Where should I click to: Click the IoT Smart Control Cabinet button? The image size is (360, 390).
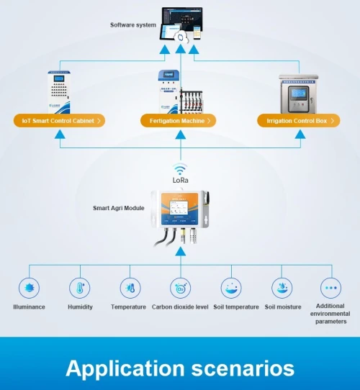pos(59,121)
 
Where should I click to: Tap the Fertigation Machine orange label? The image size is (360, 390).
pos(179,121)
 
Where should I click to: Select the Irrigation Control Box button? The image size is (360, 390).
pos(299,121)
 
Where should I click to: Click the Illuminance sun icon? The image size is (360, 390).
pos(29,288)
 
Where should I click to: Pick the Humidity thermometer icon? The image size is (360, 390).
pos(80,288)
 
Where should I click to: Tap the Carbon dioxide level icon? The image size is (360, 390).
pos(181,288)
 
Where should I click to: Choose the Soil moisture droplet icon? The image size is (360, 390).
pos(282,288)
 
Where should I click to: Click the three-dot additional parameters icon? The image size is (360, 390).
pos(331,288)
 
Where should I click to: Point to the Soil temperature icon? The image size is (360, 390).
pos(231,288)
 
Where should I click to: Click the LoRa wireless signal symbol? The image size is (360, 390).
pos(180,170)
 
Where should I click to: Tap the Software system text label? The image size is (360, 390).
pos(133,25)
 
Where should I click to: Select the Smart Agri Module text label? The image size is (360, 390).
pos(119,208)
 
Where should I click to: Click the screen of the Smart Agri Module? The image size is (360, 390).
pos(179,208)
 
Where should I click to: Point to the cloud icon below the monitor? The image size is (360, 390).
pos(181,37)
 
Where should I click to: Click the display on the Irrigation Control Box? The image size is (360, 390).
pos(298,94)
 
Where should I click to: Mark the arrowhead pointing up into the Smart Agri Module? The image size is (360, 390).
pos(181,251)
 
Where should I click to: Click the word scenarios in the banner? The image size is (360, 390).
pos(243,368)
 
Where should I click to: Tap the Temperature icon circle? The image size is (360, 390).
pos(130,288)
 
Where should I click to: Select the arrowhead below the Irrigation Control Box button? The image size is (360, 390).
pos(300,135)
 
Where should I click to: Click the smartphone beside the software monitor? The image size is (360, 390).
pos(197,32)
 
